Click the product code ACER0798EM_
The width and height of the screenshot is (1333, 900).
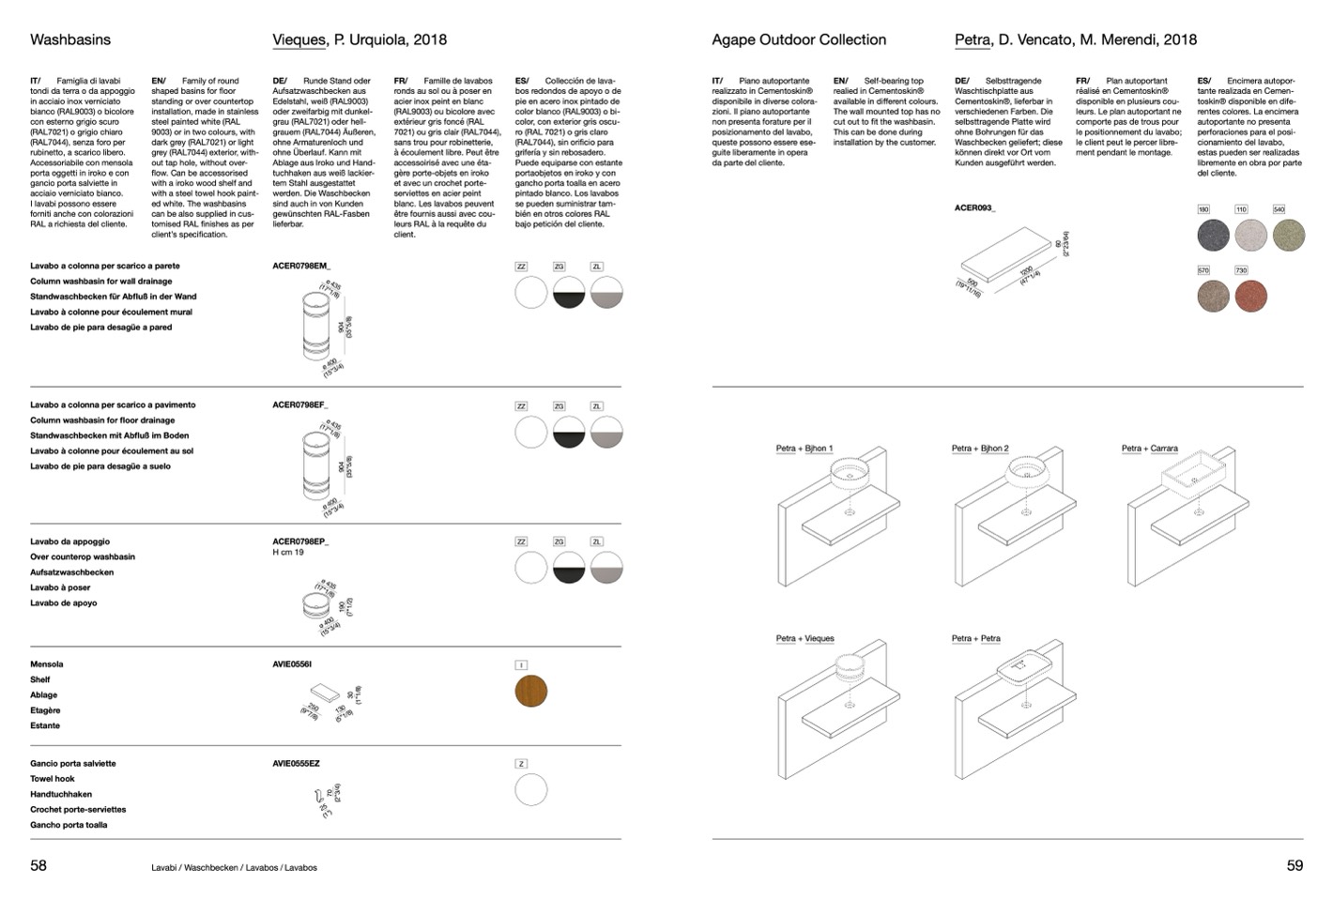click(301, 266)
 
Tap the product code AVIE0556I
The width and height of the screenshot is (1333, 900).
click(292, 664)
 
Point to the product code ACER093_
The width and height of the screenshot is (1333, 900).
click(974, 207)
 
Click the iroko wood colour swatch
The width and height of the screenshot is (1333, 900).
click(531, 691)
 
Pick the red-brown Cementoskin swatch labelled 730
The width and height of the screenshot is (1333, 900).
click(1250, 297)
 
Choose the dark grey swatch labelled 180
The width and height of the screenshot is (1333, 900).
click(1213, 235)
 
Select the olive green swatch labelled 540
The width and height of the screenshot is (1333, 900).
click(1288, 235)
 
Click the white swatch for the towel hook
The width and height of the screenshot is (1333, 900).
click(531, 789)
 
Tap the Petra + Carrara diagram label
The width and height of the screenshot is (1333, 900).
click(1149, 449)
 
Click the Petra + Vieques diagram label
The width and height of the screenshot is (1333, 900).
click(804, 639)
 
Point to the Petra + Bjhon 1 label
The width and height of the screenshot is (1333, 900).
click(804, 449)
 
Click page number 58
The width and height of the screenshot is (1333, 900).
click(38, 865)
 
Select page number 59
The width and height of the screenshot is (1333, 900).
click(1295, 865)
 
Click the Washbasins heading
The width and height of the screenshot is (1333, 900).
click(70, 39)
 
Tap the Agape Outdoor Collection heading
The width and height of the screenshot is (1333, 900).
click(799, 39)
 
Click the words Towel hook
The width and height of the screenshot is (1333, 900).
click(53, 779)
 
